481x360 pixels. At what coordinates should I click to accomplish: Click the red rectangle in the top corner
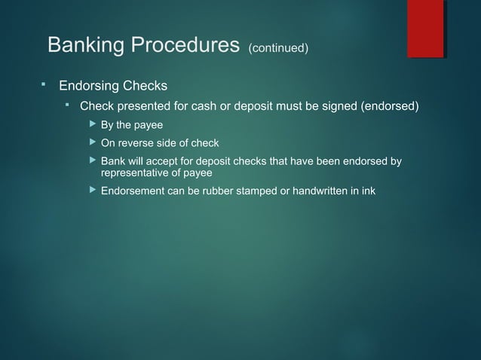tap(425, 29)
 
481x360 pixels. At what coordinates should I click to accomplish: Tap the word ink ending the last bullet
tap(367, 191)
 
